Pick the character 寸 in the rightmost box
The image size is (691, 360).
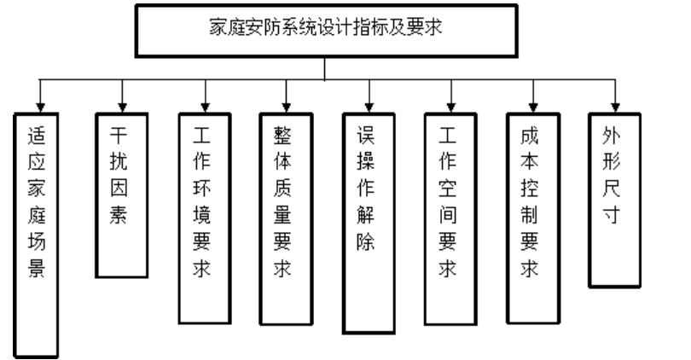[x=612, y=213]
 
